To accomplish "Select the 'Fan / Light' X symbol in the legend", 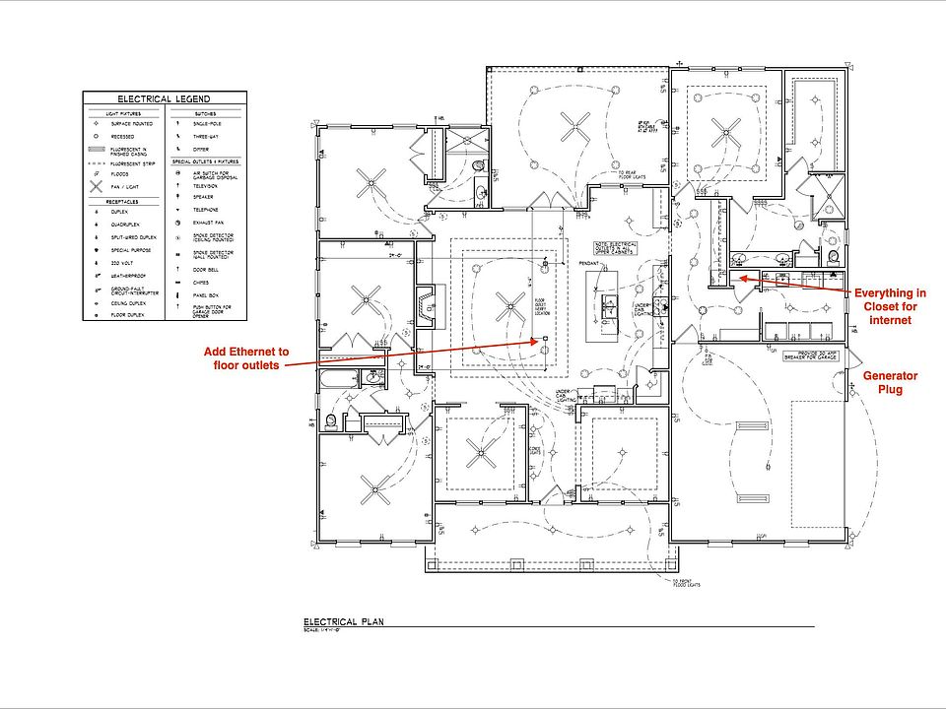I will (97, 185).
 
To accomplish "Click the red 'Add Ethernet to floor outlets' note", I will (246, 358).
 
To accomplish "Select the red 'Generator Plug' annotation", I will (890, 383).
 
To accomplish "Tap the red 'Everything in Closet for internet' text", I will (890, 306).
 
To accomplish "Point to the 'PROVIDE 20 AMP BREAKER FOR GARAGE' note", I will (805, 354).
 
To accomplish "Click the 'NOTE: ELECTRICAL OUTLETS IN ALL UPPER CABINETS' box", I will (614, 246).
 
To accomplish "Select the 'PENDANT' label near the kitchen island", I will (589, 264).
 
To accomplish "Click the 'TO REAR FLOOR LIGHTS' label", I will (634, 174).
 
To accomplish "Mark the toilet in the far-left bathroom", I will (330, 420).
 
